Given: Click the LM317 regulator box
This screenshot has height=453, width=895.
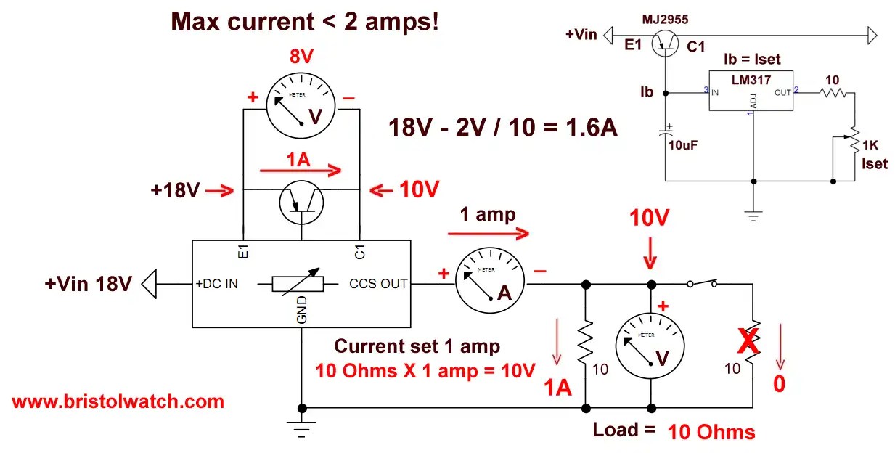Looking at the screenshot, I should point(751,91).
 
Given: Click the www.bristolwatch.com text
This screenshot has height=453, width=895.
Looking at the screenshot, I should point(118,401).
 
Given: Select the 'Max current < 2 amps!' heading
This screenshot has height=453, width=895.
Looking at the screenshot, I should point(305,22).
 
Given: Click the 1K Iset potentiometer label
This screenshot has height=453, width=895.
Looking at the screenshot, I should point(873,154).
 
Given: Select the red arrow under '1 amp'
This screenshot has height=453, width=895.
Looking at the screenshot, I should point(488,234).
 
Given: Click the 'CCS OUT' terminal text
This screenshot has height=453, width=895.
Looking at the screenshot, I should point(378,284).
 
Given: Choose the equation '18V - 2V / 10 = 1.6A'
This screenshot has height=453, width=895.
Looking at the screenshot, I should point(504,127).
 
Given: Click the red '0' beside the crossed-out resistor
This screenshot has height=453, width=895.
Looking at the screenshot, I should point(778,383).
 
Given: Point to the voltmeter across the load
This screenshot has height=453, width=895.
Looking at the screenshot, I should point(651,346).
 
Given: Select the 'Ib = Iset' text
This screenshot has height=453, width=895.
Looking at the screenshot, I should point(752,59).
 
